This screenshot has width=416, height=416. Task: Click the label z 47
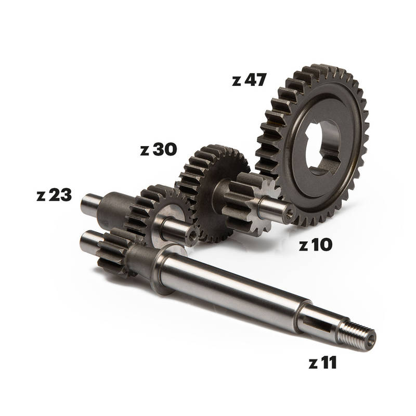coord(249,80)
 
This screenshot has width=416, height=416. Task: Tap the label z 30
coord(159,149)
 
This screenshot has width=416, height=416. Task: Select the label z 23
coord(54,195)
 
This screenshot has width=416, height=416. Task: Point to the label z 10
coord(316,244)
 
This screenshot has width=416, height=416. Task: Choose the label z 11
coord(322,362)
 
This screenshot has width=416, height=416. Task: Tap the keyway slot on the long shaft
coord(317,324)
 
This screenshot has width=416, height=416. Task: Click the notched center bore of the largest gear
coord(322,148)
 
